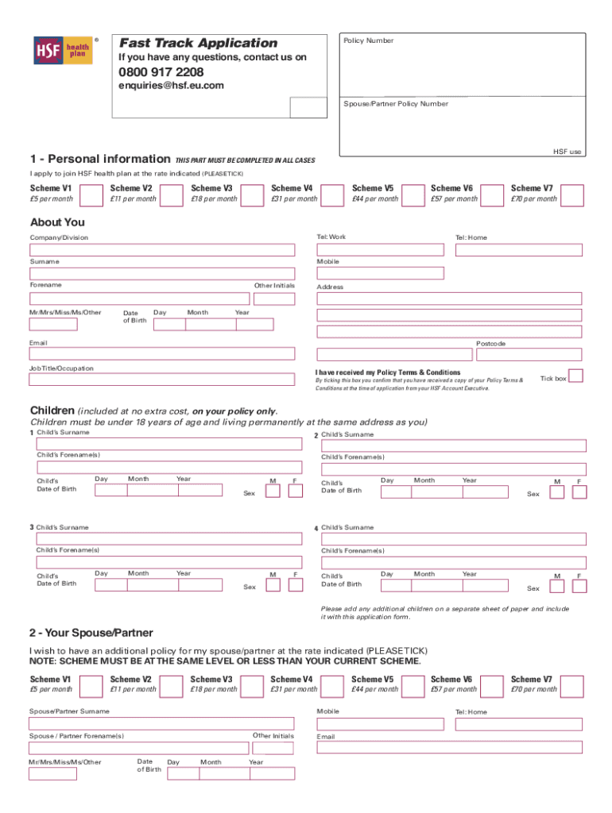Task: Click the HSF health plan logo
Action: (61, 50)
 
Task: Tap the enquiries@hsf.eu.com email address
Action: (171, 85)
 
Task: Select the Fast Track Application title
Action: (198, 43)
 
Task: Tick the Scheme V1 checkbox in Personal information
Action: (92, 194)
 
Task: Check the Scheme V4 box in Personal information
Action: (333, 194)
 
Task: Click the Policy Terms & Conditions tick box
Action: (576, 376)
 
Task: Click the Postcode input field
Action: (449, 354)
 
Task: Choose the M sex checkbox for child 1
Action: (273, 491)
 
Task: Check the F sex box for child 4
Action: (579, 586)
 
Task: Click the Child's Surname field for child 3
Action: (166, 538)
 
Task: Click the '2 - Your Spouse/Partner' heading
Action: (91, 633)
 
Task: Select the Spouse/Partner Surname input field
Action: (162, 723)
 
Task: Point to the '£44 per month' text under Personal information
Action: (375, 199)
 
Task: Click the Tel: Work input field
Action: (380, 249)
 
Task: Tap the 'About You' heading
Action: (57, 222)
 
